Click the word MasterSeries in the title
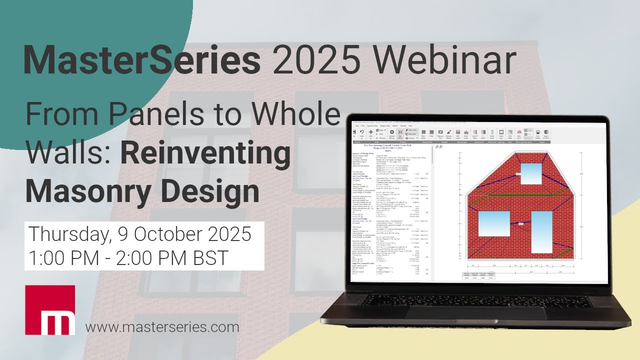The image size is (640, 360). point(141,61)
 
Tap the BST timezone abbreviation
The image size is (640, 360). point(208,258)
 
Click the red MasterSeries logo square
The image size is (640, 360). point(50,310)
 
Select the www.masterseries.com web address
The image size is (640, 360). point(162,327)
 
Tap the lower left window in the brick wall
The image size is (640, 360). point(494,223)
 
